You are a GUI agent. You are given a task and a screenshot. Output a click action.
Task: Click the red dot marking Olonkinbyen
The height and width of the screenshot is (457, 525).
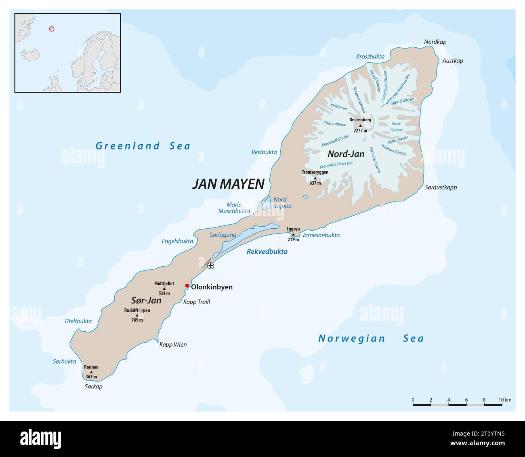coord(187,286)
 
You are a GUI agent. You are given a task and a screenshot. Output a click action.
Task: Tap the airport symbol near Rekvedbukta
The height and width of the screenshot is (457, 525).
coord(210,265)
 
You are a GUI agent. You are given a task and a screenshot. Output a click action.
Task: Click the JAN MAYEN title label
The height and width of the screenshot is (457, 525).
coord(228,184)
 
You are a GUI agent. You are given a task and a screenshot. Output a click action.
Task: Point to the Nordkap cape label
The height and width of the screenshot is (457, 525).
coord(435,42)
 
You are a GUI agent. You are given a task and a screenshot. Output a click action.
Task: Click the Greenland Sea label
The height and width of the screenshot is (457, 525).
coord(143,146)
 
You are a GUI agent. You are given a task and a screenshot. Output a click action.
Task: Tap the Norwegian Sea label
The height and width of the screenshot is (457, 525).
coord(371,338)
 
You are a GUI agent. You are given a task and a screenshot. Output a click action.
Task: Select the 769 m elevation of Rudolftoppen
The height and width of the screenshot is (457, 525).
coord(137,320)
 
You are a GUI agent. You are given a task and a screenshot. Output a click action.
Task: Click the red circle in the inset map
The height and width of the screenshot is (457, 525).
coord(52,29)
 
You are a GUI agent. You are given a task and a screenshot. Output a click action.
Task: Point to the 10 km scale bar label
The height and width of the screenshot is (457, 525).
coord(505,400)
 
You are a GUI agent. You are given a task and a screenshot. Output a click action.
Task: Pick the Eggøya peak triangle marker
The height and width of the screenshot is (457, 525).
coord(293,234)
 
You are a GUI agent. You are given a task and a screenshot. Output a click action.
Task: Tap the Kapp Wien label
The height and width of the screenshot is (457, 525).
coord(173,345)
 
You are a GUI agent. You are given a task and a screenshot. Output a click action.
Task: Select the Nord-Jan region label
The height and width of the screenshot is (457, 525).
coord(346,154)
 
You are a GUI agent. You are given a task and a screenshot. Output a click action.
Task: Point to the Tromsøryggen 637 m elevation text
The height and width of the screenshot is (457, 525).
coord(315,183)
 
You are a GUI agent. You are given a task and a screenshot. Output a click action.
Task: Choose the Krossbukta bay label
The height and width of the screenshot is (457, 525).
coord(370,57)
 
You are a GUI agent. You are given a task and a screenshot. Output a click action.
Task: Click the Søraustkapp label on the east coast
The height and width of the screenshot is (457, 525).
coord(441,187)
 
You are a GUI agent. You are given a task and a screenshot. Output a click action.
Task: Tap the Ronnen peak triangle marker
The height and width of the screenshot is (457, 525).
coord(91,372)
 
